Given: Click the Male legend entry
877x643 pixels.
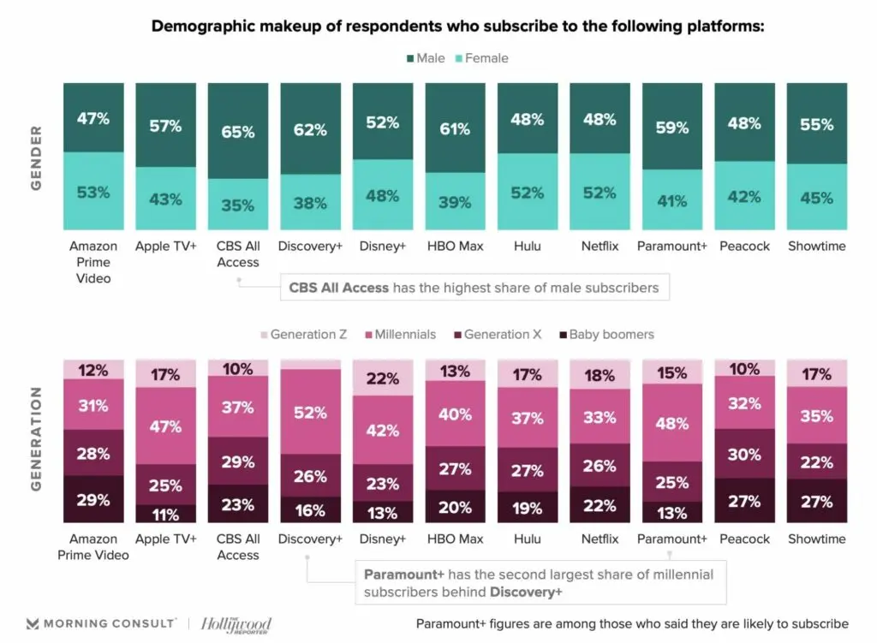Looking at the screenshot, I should (x=426, y=58).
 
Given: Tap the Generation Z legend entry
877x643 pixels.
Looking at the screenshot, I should (x=303, y=335).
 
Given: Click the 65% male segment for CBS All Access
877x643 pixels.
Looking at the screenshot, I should (x=237, y=132).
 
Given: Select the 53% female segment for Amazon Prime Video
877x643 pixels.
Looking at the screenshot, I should (x=92, y=192).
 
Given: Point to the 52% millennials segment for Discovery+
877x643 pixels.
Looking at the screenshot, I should (x=310, y=412).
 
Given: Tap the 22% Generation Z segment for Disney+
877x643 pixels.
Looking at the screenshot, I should (x=382, y=378).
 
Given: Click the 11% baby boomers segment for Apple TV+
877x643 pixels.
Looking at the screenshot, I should (x=165, y=514).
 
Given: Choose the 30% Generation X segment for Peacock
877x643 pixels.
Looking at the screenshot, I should (x=744, y=454).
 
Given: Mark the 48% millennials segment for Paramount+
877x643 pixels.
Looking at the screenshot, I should (x=672, y=422).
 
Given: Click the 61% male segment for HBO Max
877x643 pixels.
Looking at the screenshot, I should (x=455, y=128).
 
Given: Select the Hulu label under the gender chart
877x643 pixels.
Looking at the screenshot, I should (x=527, y=247).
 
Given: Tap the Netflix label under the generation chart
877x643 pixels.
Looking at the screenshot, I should (x=600, y=539).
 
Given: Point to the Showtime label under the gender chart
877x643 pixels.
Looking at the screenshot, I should (x=816, y=247).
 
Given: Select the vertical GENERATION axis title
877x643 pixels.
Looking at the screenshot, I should (x=36, y=438).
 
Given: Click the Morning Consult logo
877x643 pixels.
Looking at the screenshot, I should (x=101, y=622).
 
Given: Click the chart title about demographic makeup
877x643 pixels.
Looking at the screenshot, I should (x=456, y=26).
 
